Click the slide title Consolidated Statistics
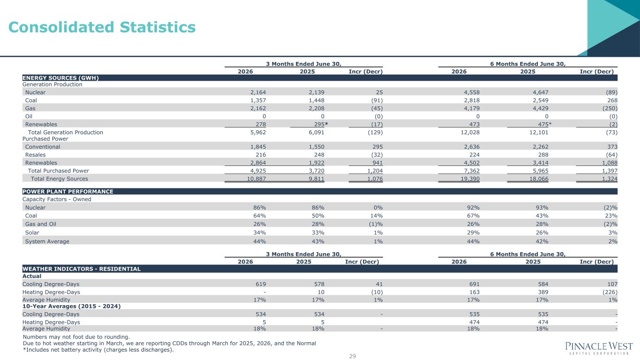102,27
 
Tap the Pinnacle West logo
599,348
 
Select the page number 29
352,356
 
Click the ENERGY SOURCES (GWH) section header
60,78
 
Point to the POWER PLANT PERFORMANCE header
68,191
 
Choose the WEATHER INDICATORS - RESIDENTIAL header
82,269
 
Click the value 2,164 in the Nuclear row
258,92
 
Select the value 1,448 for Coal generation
316,100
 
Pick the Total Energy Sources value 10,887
256,179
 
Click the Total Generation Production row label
66,132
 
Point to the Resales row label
36,155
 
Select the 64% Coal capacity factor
259,216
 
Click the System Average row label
47,241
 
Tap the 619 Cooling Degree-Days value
261,284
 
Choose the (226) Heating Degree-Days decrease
610,292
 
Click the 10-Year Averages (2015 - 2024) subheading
71,306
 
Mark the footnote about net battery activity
98,350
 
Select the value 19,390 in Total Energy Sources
470,179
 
